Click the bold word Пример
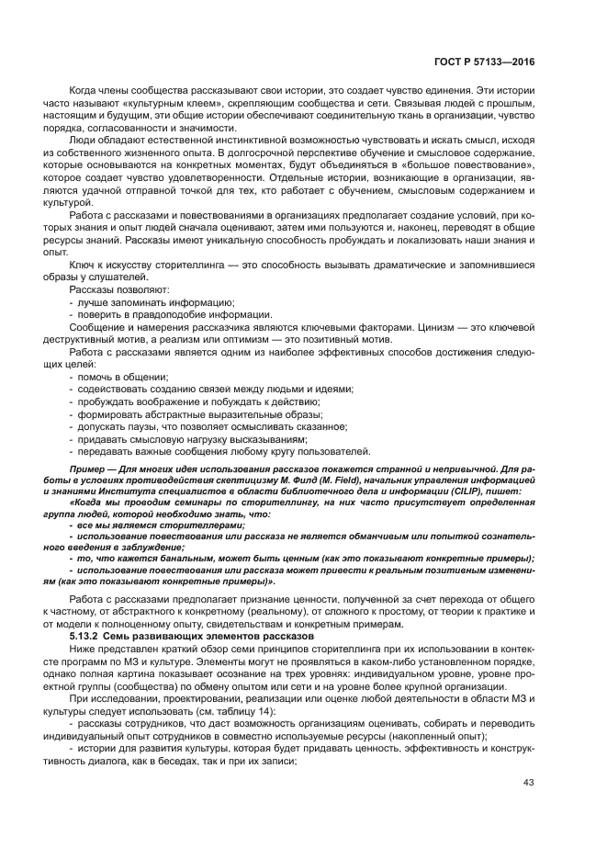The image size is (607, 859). (88, 468)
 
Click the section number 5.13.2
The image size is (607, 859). (88, 637)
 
